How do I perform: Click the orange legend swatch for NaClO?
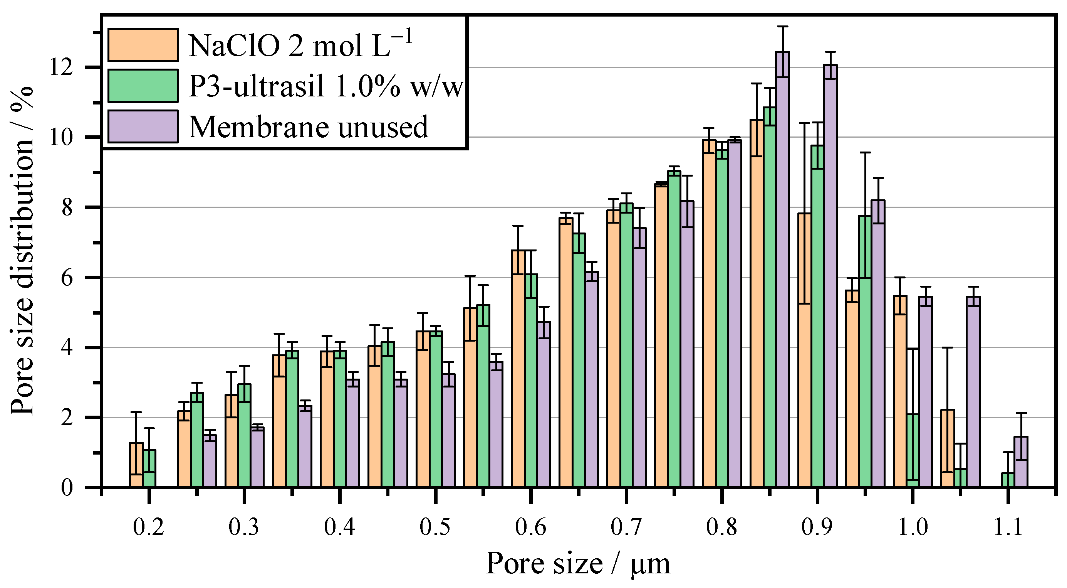[x=143, y=45]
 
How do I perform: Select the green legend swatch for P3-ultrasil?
[x=143, y=86]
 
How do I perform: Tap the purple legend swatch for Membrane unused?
[x=143, y=126]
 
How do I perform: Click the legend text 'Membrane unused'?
[x=308, y=127]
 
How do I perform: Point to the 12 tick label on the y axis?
[x=61, y=67]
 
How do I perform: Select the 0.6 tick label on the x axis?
[x=530, y=527]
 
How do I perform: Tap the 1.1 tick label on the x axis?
[x=1008, y=527]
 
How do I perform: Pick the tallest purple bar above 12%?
[x=782, y=270]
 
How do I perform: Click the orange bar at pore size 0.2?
[x=136, y=465]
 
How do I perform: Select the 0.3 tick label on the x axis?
[x=244, y=527]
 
